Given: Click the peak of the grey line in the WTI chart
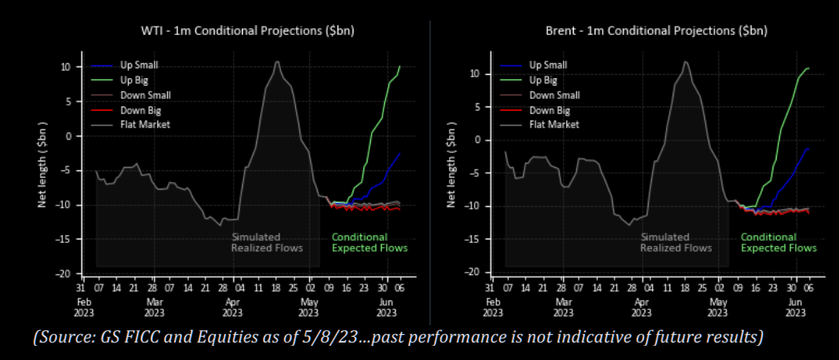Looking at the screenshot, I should click(277, 62).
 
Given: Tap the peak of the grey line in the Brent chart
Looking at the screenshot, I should click(685, 62).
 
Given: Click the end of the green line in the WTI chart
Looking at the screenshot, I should click(400, 67).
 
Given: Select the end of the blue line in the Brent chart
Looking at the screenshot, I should click(808, 149).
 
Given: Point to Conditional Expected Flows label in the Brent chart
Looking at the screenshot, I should click(778, 242).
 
